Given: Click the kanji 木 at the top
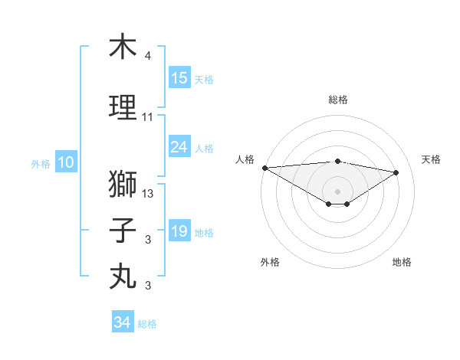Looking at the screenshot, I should [123, 47].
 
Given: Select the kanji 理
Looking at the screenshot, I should [123, 107].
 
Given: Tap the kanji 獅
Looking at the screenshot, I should [123, 184].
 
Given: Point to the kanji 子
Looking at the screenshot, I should [123, 230].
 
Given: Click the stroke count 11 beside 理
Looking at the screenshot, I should [148, 117].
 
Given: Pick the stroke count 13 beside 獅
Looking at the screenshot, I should [148, 194].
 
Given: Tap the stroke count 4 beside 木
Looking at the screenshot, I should [148, 57].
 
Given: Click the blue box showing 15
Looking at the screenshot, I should [179, 78].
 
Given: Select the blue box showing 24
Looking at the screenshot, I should [179, 147].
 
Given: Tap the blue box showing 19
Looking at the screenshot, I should [179, 231].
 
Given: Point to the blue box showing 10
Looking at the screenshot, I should [65, 162].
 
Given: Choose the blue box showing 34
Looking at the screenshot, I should [123, 322].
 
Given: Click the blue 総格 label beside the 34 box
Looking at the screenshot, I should [147, 324].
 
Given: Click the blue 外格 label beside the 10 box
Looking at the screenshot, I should [41, 163].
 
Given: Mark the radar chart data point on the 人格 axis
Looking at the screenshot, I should [264, 168].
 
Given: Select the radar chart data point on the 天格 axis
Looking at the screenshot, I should [396, 172].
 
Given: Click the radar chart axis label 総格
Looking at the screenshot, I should [337, 100].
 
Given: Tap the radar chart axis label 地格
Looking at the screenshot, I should [402, 262].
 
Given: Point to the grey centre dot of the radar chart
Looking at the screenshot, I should [337, 190].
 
